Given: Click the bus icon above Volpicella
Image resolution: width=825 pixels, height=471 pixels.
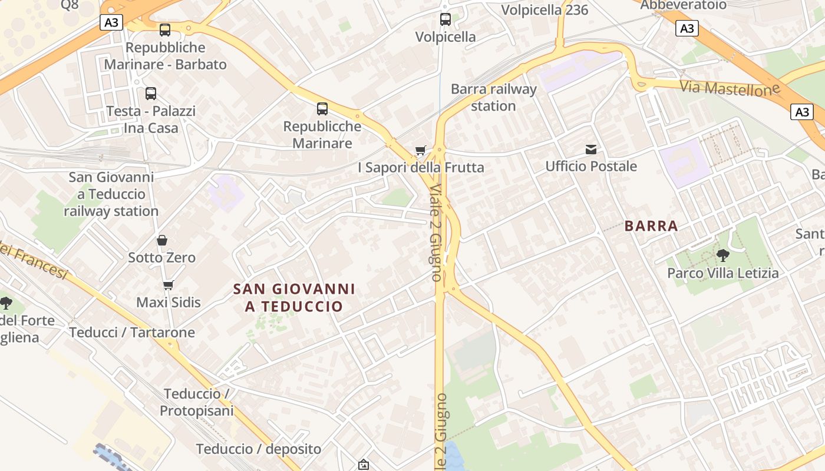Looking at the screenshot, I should coord(445,19).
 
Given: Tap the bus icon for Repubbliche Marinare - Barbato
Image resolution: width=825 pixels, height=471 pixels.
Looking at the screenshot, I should coord(165,30).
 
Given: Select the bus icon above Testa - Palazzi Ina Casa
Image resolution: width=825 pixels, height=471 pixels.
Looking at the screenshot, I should coord(151,94).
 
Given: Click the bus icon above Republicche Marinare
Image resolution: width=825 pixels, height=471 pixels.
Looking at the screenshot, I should coord(322,109).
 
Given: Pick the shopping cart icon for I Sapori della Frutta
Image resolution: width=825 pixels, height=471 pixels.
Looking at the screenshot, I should coord(420,151).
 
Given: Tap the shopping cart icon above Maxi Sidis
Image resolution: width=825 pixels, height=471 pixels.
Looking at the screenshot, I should coord(169,286).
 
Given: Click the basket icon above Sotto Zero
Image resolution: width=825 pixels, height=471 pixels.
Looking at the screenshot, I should coord(162,240).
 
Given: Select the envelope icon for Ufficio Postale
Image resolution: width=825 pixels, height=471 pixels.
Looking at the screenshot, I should coord(591,150).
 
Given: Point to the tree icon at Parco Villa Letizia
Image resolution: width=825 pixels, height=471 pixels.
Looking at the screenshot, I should coord(722,256).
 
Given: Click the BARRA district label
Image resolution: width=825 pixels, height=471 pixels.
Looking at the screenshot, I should coord(651,226).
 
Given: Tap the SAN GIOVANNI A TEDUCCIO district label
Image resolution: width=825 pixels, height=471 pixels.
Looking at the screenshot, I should coord(294,298).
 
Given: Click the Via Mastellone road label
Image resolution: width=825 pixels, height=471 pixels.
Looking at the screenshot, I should coord(730,88).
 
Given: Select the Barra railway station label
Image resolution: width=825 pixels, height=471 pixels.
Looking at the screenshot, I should coord(493,98).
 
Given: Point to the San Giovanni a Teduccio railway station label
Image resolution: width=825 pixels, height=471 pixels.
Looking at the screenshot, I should coord(111,194).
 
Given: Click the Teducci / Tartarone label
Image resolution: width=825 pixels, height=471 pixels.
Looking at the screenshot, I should coord(132,333).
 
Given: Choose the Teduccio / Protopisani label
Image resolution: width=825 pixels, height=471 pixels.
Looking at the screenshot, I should coord(197,402).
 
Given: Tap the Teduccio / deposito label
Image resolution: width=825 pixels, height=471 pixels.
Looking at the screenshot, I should coord(259,449).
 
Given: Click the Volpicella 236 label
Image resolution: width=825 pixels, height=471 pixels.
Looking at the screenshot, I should coord(544,10).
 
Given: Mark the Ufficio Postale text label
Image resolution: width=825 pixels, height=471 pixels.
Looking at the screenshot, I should coord(591,167).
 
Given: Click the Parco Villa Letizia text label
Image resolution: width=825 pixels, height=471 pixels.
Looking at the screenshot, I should coord(722,273).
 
